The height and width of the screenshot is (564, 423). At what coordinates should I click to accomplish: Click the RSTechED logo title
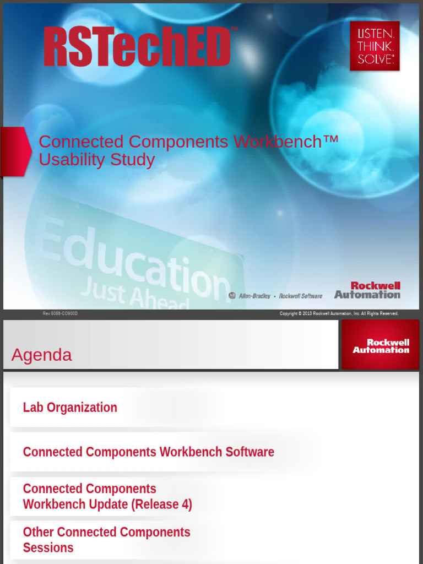137,47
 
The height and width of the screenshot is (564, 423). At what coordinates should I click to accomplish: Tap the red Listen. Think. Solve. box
375,46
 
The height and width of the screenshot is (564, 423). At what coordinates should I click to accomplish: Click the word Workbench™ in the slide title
285,142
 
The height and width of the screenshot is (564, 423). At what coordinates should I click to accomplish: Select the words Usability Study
96,160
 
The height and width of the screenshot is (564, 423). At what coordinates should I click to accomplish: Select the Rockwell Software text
300,296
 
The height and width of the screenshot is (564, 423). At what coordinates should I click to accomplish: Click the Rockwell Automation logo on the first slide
367,290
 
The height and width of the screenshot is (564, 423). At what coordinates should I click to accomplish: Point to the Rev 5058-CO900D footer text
60,313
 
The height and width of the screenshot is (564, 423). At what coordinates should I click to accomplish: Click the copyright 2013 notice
338,313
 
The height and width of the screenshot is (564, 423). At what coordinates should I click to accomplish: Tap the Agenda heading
41,355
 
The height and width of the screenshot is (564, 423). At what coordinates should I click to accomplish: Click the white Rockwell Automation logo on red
381,346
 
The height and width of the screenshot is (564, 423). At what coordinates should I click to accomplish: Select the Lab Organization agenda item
70,408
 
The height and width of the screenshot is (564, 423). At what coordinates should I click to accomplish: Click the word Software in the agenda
250,452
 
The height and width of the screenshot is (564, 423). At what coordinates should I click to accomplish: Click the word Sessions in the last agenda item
48,548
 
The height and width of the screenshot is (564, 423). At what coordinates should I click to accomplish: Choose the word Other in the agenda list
38,532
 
